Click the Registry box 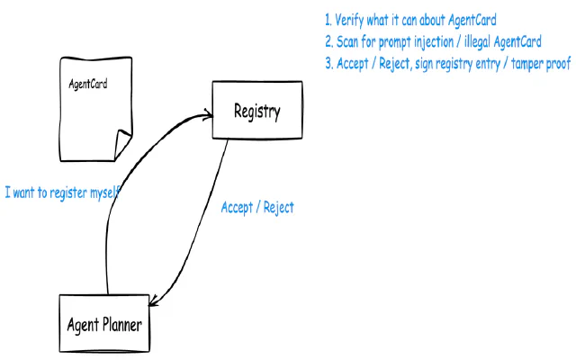tap(256, 111)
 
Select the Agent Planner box tap(103, 323)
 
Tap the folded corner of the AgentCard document tap(121, 142)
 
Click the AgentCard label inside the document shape tap(89, 85)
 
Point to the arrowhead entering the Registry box tap(208, 113)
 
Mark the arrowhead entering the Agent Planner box tap(156, 304)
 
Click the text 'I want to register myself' tap(62, 193)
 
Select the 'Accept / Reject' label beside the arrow tap(257, 207)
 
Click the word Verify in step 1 tap(351, 19)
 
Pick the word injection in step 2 tap(434, 41)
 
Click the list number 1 tap(328, 19)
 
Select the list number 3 tap(328, 64)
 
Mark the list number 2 tap(328, 41)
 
